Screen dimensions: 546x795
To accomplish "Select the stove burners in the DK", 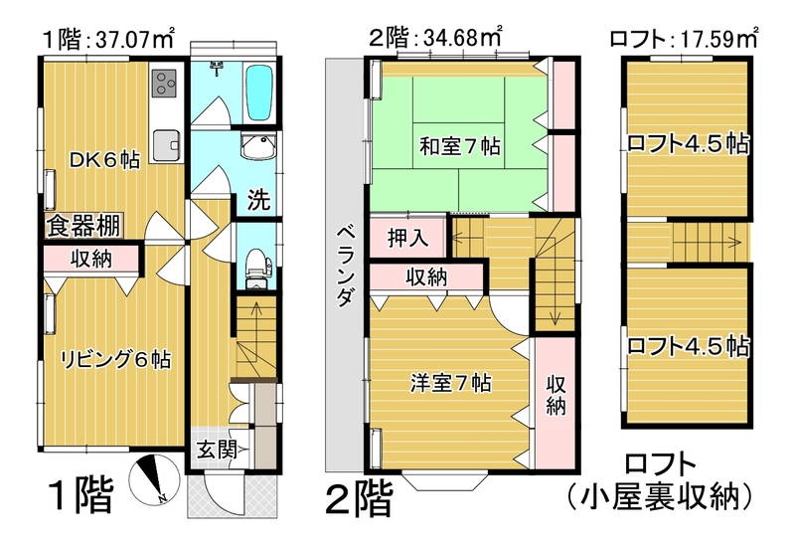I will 164,84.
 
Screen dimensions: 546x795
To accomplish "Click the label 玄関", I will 215,449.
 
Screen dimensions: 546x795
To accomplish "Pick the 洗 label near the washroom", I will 257,198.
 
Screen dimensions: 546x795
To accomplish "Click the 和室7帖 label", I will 458,146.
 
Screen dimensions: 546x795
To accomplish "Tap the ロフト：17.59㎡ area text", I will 685,41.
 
